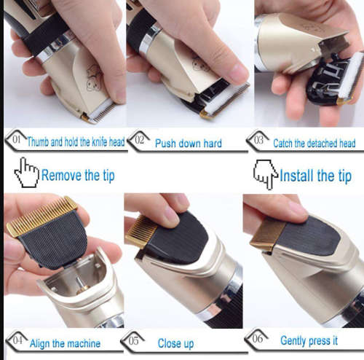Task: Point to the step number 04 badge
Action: pyautogui.click(x=16, y=341)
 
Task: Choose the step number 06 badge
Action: pyautogui.click(x=256, y=340)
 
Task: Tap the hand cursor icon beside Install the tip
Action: pyautogui.click(x=265, y=175)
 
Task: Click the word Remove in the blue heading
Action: pyautogui.click(x=63, y=175)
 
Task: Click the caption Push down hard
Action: pyautogui.click(x=188, y=143)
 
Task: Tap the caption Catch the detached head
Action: pyautogui.click(x=314, y=144)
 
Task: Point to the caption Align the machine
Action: pyautogui.click(x=66, y=343)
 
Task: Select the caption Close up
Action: pyautogui.click(x=175, y=343)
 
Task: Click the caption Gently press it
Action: pyautogui.click(x=309, y=340)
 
